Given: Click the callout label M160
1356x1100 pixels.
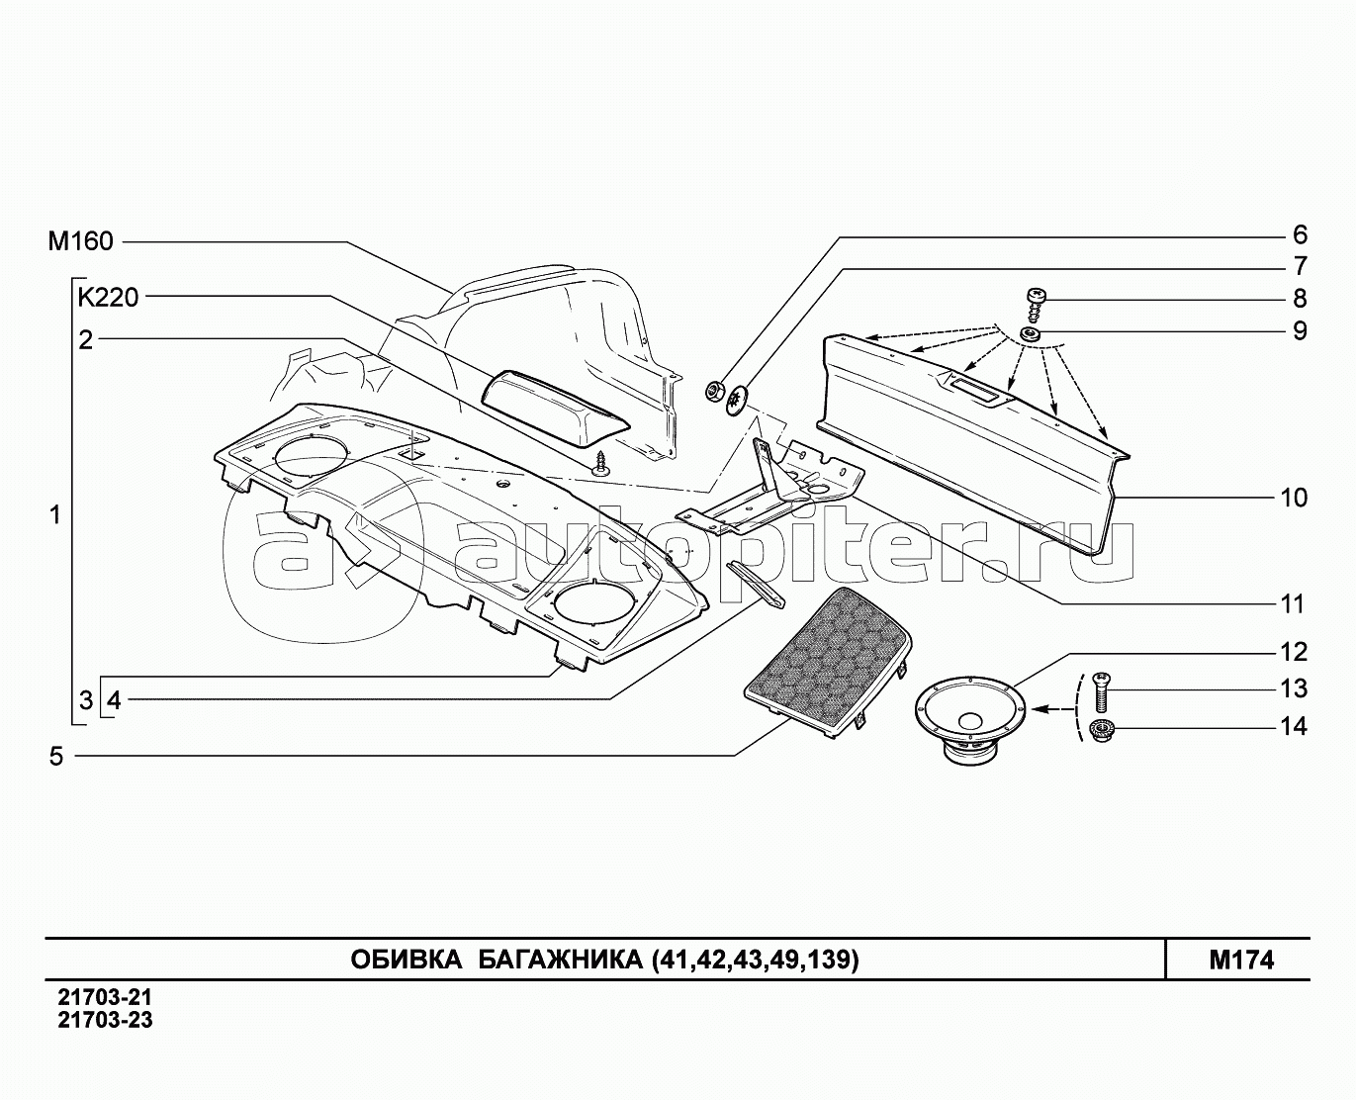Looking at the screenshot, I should pos(81,241).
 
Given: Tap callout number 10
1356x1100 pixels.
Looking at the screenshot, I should pos(1293,497).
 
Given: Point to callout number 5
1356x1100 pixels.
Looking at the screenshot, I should pos(56,757).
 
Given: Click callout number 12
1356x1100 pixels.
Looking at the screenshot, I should pos(1293,652).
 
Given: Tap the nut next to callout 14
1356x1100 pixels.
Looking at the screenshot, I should pos(1101,731).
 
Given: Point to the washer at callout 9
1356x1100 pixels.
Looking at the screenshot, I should pos(1032,335).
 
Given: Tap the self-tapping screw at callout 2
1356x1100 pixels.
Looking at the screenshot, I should pos(600,464).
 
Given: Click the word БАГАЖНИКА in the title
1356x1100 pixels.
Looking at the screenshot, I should pos(555,960).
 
